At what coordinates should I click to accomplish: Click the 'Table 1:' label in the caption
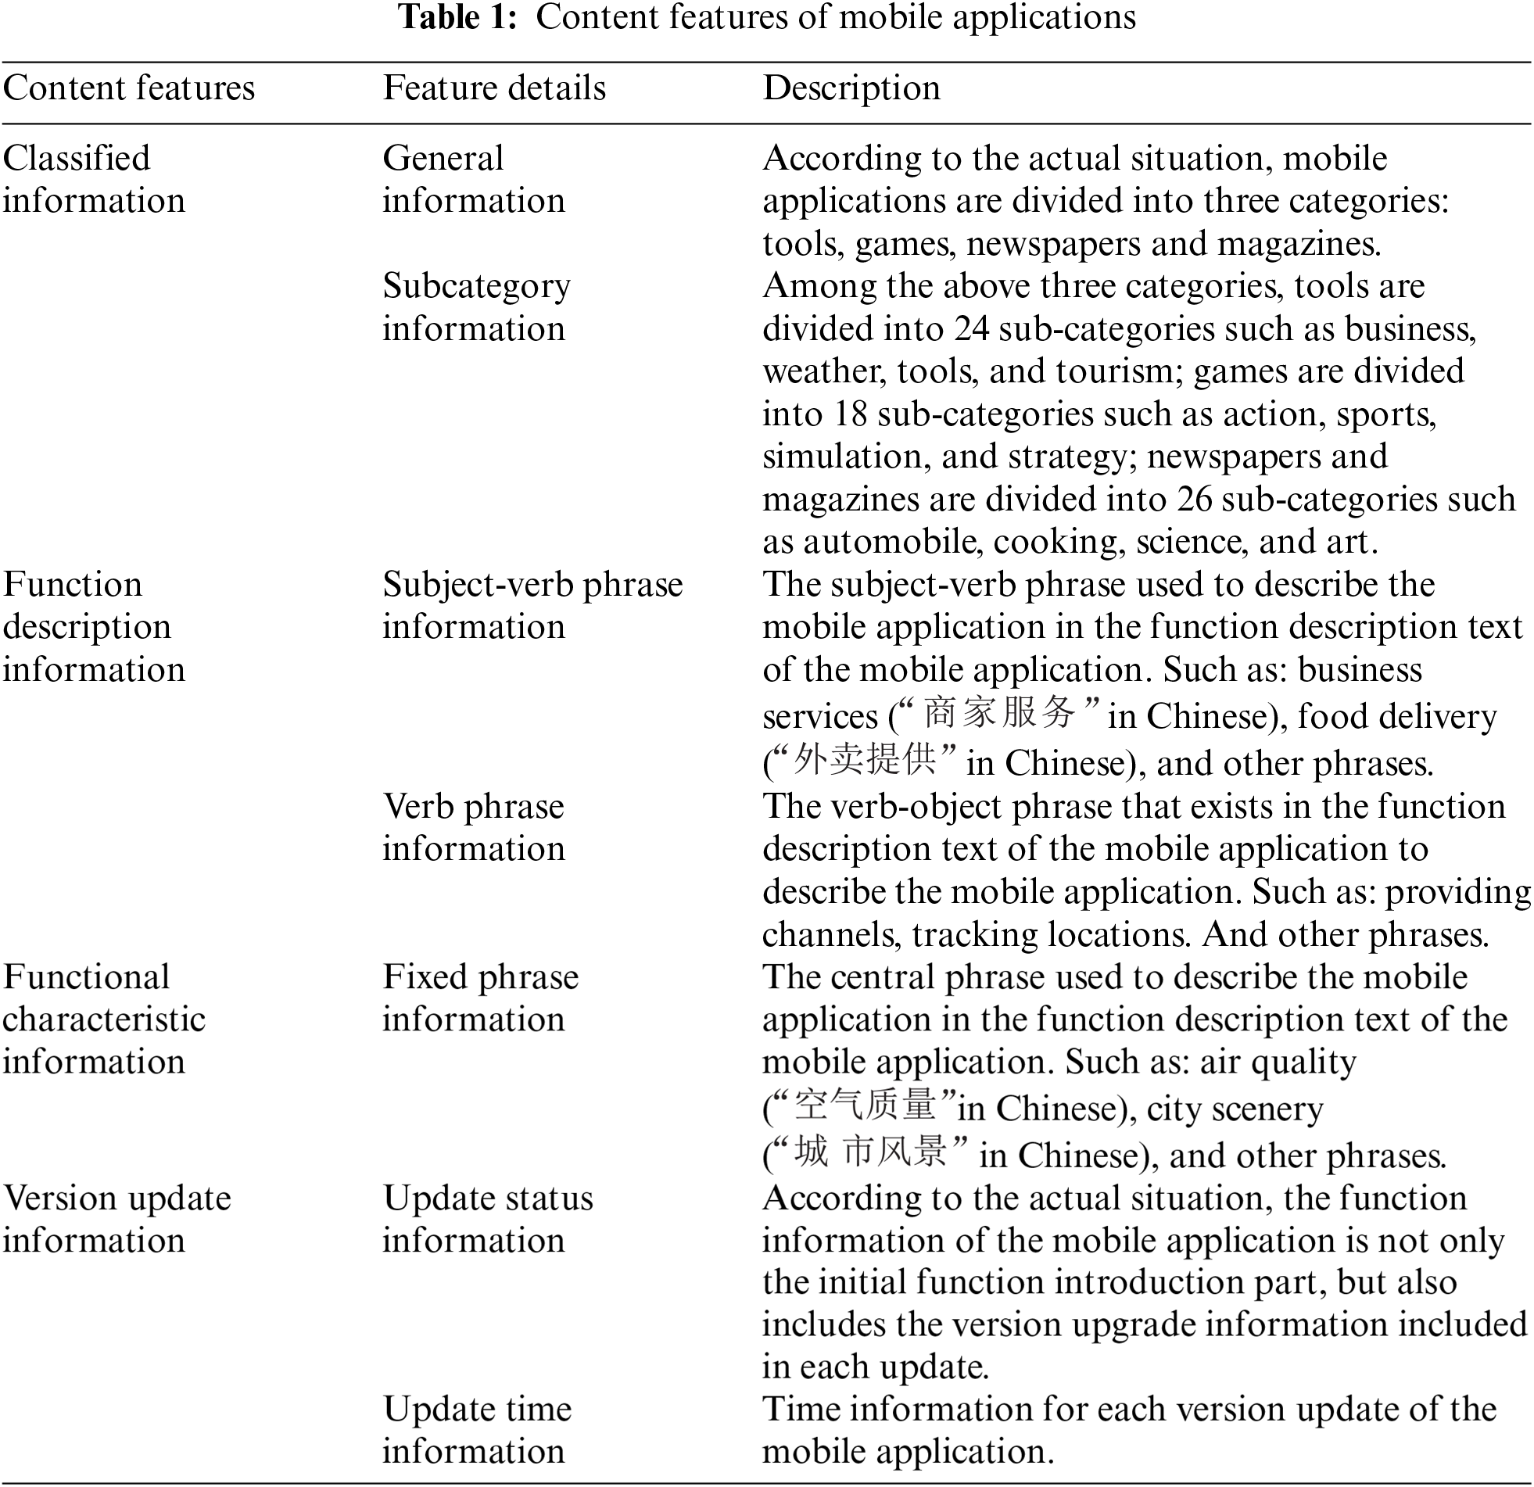[x=458, y=17]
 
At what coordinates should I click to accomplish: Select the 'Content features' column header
[x=129, y=88]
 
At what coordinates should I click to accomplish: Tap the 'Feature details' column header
[x=494, y=88]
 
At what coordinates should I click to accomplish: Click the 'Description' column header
[x=851, y=88]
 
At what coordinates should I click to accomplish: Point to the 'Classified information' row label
[x=94, y=179]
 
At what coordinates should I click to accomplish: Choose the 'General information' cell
[x=474, y=179]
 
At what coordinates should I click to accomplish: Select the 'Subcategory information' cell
[x=476, y=306]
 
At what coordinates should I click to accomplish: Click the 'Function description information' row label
[x=94, y=627]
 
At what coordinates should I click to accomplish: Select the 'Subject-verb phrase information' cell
[x=532, y=606]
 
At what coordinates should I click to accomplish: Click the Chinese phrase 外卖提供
[x=864, y=760]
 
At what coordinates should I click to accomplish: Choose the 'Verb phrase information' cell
[x=474, y=827]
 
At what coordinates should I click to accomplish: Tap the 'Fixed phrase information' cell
[x=481, y=998]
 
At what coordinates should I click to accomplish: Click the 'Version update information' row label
[x=116, y=1220]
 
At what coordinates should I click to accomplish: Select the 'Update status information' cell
[x=488, y=1220]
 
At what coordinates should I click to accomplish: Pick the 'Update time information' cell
[x=477, y=1430]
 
